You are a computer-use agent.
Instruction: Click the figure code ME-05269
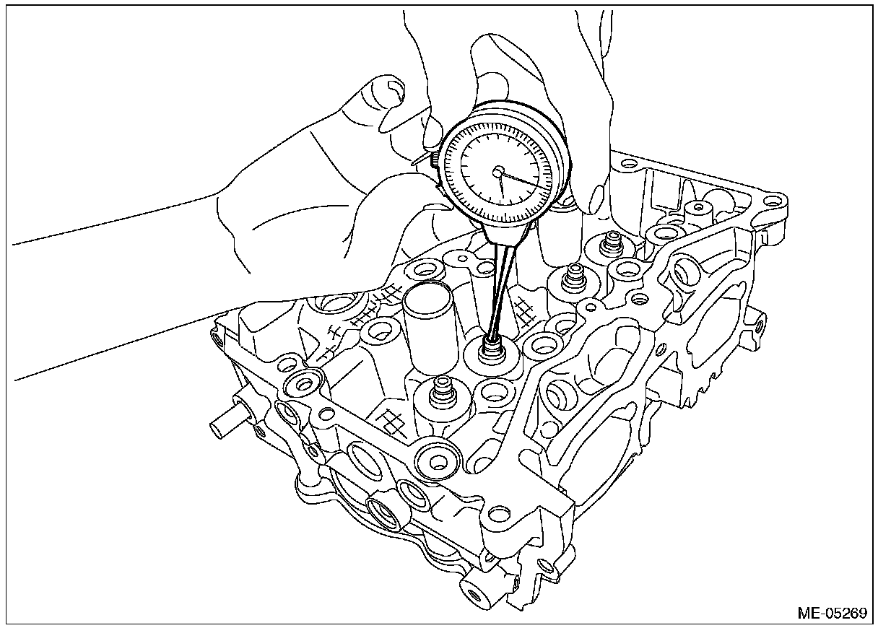point(831,613)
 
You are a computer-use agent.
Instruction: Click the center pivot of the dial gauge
point(498,171)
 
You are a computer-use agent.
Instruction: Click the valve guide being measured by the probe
point(493,352)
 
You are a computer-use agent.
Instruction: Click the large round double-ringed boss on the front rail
point(438,458)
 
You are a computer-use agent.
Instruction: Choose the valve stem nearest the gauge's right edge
point(575,275)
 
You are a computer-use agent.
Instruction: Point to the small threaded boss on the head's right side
point(755,323)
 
